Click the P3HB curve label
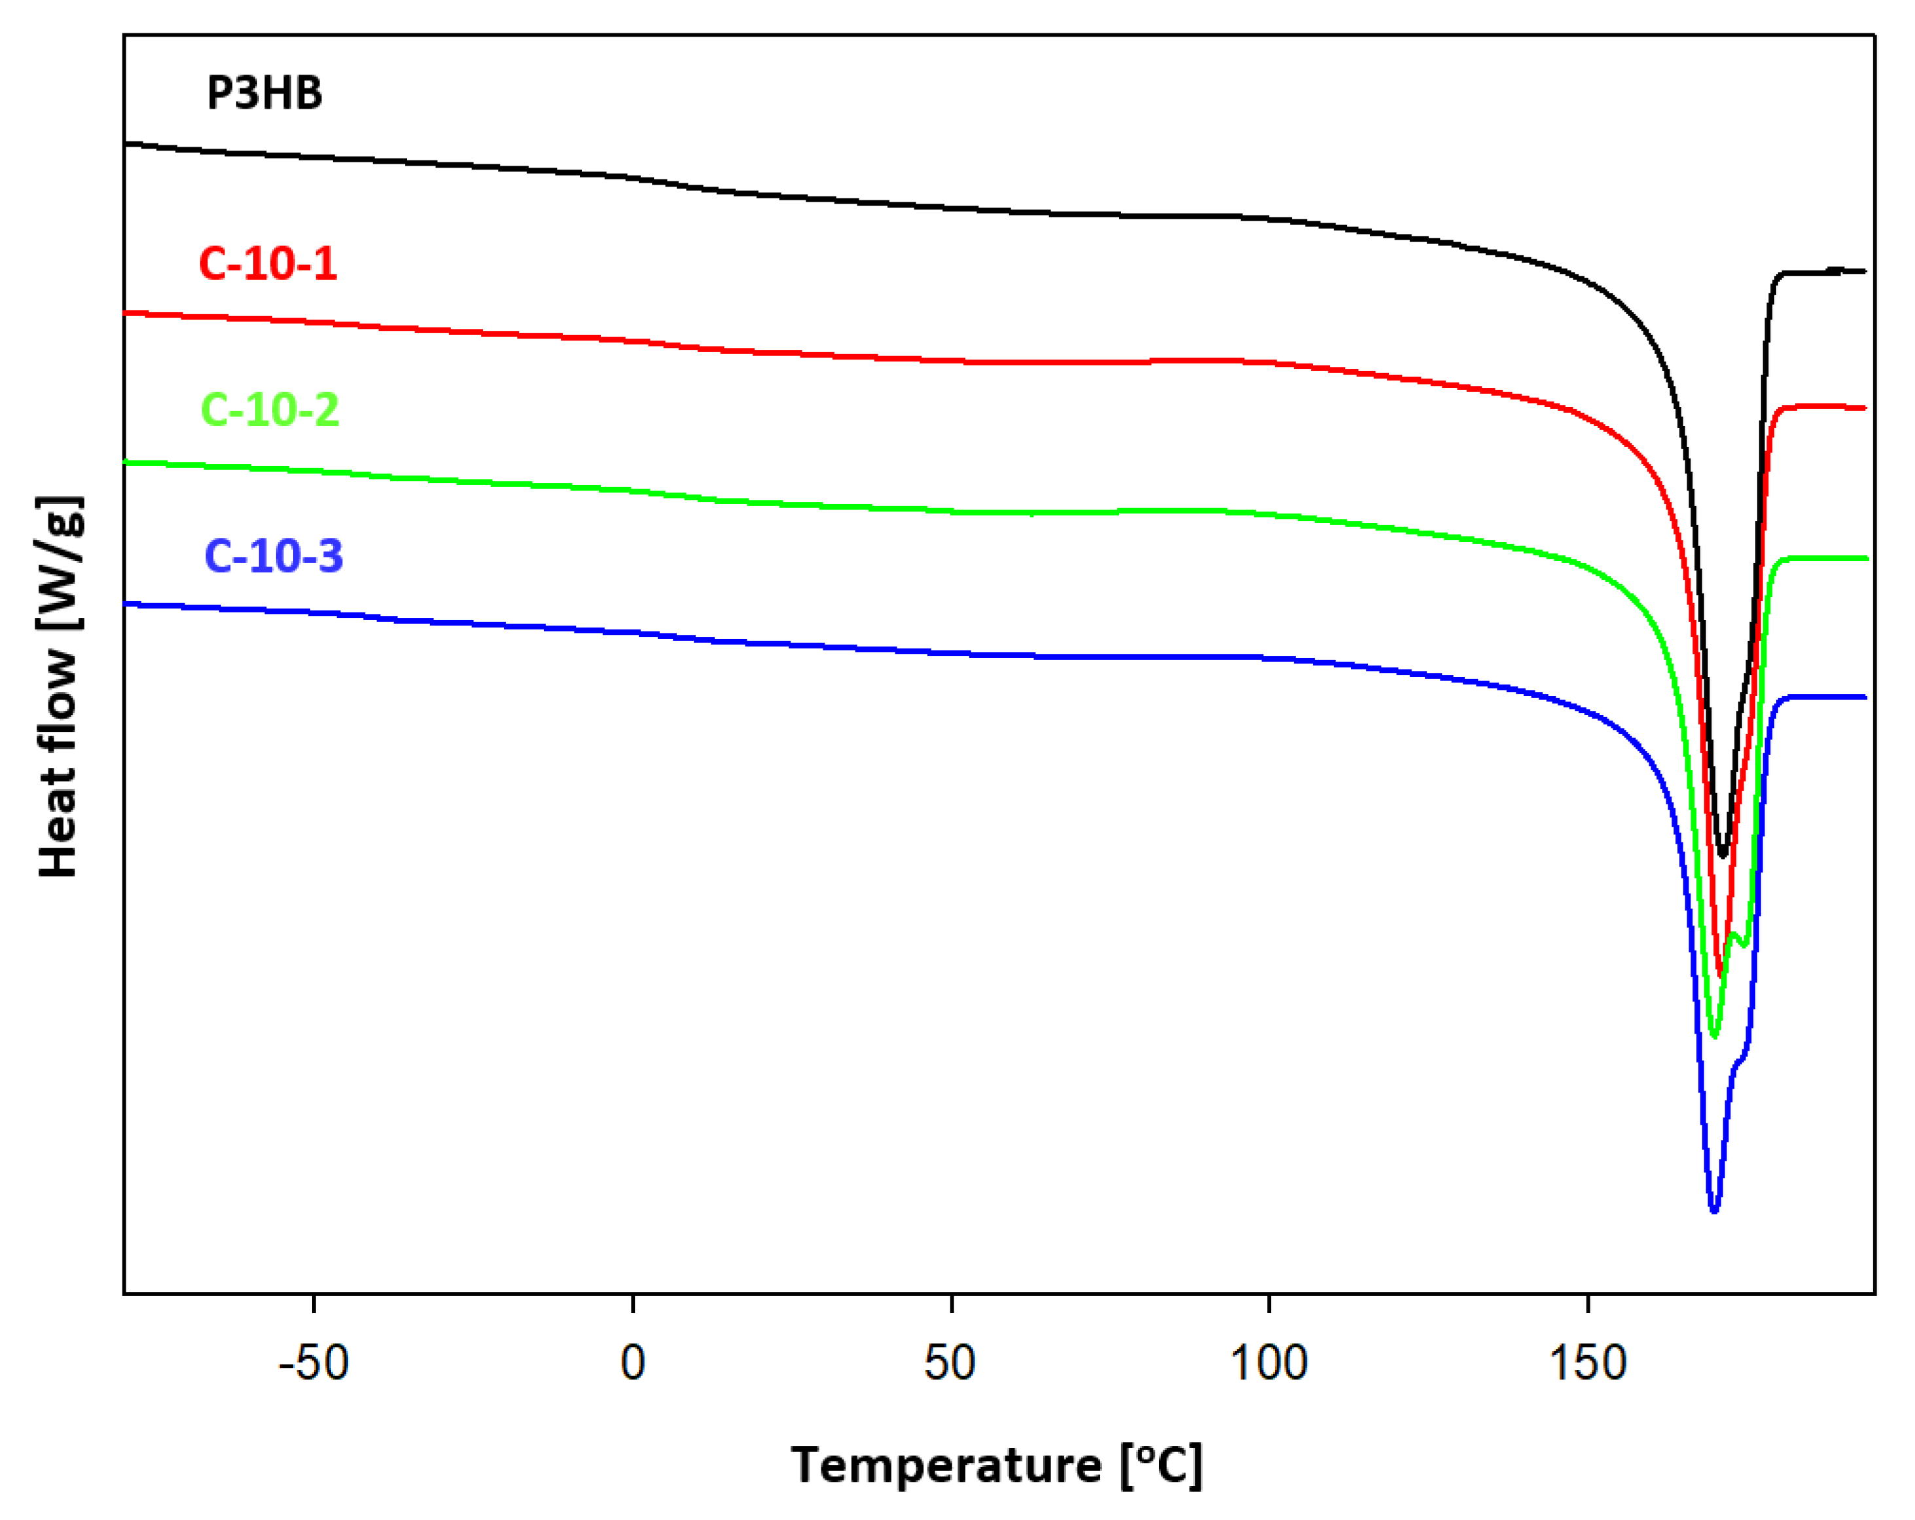264,93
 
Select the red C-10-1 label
268,264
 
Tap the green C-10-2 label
270,410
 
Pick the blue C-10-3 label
274,556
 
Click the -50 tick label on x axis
313,1364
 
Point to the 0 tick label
632,1364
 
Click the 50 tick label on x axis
950,1364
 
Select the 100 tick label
1268,1364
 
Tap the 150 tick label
1587,1364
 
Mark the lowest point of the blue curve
1714,1210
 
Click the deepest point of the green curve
1714,1036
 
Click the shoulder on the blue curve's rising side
1738,1062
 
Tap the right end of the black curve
1865,271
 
